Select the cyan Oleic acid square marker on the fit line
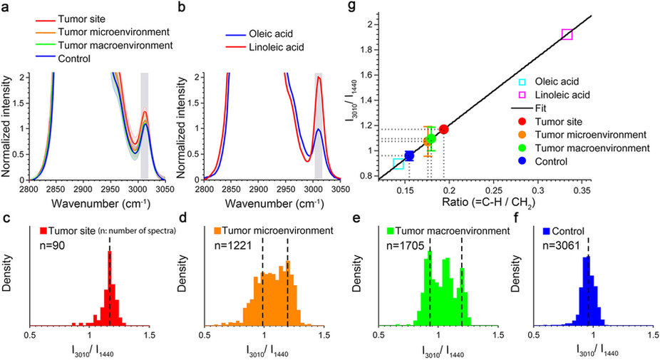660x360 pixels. coord(398,164)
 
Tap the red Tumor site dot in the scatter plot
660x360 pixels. coord(444,129)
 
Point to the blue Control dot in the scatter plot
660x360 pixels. coord(409,155)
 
